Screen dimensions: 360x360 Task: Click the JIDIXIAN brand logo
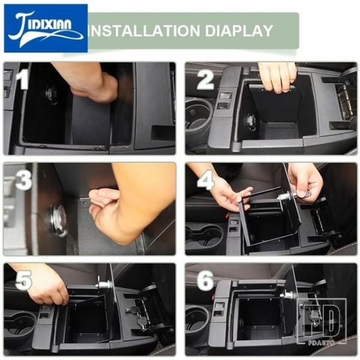click(46, 28)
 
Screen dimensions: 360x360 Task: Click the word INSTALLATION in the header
click(144, 31)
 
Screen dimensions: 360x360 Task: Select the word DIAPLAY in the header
click(239, 31)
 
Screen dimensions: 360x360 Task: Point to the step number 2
click(205, 80)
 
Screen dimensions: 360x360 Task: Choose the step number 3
click(23, 179)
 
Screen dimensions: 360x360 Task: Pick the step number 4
click(206, 179)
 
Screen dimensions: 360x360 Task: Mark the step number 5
click(23, 280)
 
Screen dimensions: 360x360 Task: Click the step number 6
click(205, 280)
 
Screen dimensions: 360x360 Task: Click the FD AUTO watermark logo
click(322, 322)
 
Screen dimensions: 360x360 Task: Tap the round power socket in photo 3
click(59, 220)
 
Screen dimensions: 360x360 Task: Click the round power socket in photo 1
click(52, 95)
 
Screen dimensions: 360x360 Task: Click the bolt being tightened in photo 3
click(85, 203)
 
